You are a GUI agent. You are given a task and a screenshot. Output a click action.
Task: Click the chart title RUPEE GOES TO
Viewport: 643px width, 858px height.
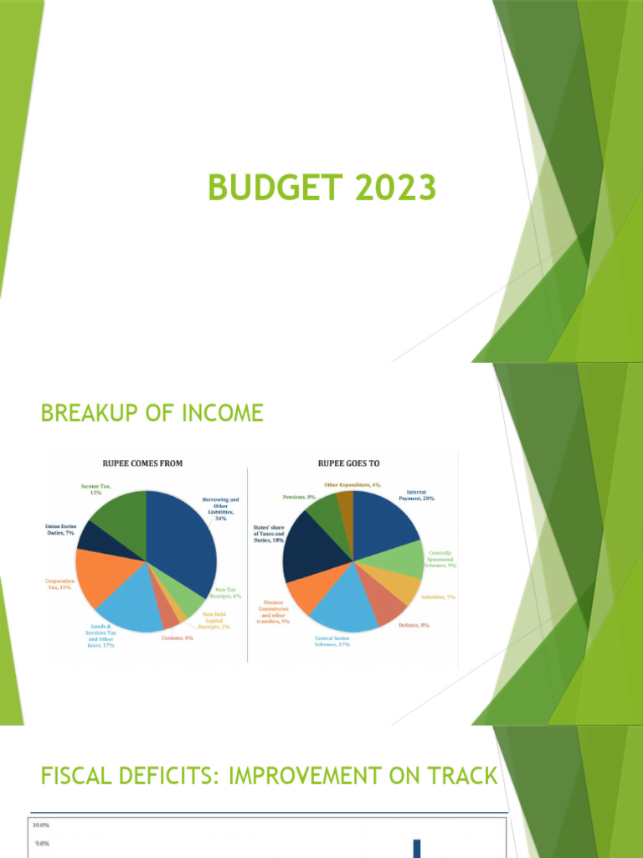[x=352, y=463]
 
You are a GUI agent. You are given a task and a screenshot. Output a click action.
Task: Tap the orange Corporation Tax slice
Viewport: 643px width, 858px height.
[x=99, y=578]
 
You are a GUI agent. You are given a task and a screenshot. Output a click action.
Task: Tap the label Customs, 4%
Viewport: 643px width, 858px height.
[x=177, y=639]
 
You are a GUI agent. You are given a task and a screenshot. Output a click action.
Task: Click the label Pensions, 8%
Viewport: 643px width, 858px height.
[x=299, y=497]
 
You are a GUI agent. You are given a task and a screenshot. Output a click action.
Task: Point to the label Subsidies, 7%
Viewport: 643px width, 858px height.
[x=437, y=597]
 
